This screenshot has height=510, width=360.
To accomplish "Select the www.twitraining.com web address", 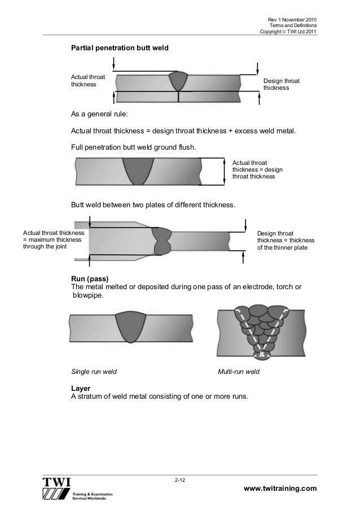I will pyautogui.click(x=280, y=489).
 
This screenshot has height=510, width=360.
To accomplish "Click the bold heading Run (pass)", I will pyautogui.click(x=89, y=279).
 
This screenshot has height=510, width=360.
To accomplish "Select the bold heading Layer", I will pyautogui.click(x=80, y=389).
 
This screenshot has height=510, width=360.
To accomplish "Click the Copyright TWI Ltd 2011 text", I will pyautogui.click(x=288, y=32).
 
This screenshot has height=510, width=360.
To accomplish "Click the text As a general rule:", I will pyautogui.click(x=99, y=114).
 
